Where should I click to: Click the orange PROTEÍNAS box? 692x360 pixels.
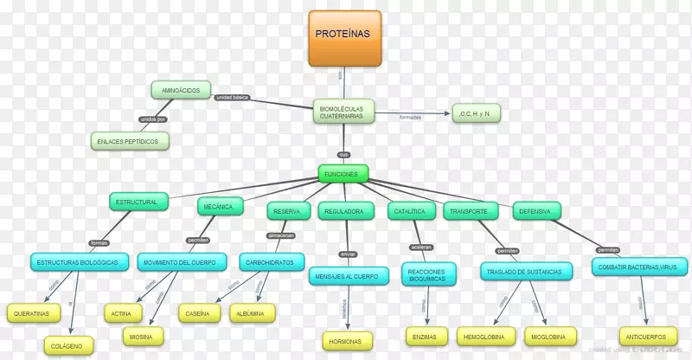click(345, 38)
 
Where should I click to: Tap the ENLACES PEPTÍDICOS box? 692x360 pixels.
click(130, 140)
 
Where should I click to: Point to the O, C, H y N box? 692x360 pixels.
click(476, 113)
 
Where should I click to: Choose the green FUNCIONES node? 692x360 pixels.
click(343, 174)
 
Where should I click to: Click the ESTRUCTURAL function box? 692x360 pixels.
click(137, 202)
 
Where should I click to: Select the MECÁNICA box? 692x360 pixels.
click(218, 208)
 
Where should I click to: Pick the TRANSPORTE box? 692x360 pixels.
click(472, 210)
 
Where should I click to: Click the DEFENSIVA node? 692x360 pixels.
click(536, 209)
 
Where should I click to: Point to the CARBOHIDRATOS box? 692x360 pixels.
click(268, 261)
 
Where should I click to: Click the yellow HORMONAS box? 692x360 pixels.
click(348, 339)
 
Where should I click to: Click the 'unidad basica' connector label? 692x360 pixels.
click(232, 97)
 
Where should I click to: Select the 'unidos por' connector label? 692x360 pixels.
click(152, 119)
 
